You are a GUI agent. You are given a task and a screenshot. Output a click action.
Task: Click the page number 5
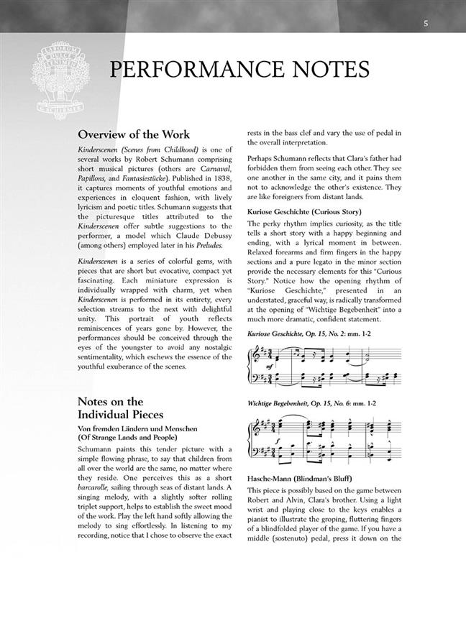[x=426, y=24]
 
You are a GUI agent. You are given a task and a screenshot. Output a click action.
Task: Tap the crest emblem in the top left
[x=55, y=79]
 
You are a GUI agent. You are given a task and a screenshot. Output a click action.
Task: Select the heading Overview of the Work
[x=134, y=134]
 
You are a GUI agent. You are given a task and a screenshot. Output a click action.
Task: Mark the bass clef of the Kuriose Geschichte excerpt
[x=256, y=380]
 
